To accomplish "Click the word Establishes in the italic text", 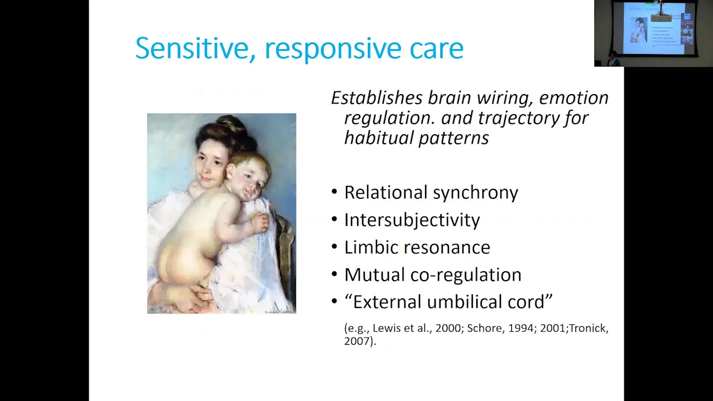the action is tap(377, 97).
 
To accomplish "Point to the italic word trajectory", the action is tap(518, 119).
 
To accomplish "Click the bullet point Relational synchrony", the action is tap(431, 193).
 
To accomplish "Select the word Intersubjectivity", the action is tap(412, 220).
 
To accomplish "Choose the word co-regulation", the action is tap(466, 275).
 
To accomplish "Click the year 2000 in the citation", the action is tap(448, 328).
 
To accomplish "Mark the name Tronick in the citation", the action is tap(589, 328).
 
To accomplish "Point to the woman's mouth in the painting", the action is tap(206, 178).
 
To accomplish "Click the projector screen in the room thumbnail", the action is tap(653, 28).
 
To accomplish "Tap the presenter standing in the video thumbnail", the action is tap(613, 58).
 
